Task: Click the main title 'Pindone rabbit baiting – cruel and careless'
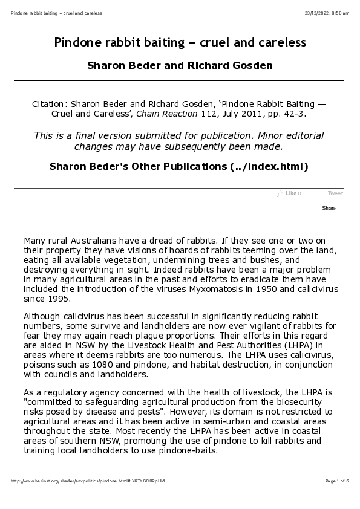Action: tap(180, 43)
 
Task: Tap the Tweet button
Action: tap(335, 193)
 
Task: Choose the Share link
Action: tap(329, 208)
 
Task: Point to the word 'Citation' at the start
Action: tap(51, 103)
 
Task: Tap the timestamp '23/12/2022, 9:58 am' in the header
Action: tap(328, 13)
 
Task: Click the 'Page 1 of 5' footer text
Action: tap(336, 481)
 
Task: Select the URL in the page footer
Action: tap(88, 481)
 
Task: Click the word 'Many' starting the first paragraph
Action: tap(36, 240)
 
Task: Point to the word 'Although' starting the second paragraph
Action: tap(44, 316)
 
